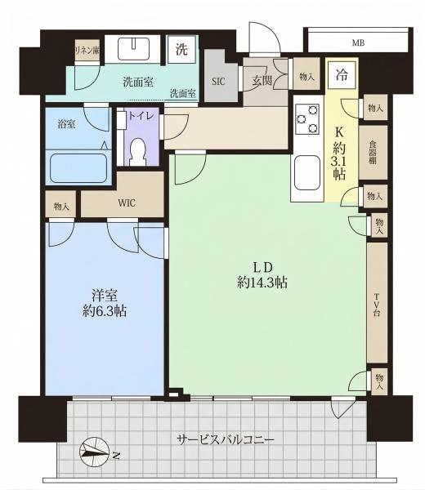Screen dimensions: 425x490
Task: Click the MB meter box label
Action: pos(358,42)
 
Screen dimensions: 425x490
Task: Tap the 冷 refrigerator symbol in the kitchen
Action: pos(342,75)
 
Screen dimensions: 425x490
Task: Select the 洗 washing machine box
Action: pos(181,49)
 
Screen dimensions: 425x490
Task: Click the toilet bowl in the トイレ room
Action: pos(138,151)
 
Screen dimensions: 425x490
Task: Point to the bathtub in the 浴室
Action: pos(78,167)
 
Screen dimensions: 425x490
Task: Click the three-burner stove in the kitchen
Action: pos(308,119)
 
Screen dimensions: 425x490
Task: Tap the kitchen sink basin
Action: pos(307,172)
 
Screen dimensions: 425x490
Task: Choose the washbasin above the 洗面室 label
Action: pos(134,49)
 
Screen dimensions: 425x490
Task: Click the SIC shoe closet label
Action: pos(218,81)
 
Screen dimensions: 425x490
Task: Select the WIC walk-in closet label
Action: pos(127,203)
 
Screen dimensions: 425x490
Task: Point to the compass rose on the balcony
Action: pos(94,452)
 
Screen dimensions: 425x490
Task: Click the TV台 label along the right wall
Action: pos(377,305)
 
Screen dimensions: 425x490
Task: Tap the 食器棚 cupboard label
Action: pos(373,153)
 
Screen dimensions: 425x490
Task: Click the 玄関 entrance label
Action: pos(262,81)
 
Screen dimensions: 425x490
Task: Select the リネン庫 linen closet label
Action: pos(87,50)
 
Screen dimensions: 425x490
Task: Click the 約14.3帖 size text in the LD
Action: pos(262,283)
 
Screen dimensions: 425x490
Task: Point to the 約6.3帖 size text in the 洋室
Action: pos(105,311)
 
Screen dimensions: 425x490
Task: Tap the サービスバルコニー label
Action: pos(226,440)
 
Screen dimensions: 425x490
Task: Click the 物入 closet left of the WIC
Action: pos(61,207)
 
